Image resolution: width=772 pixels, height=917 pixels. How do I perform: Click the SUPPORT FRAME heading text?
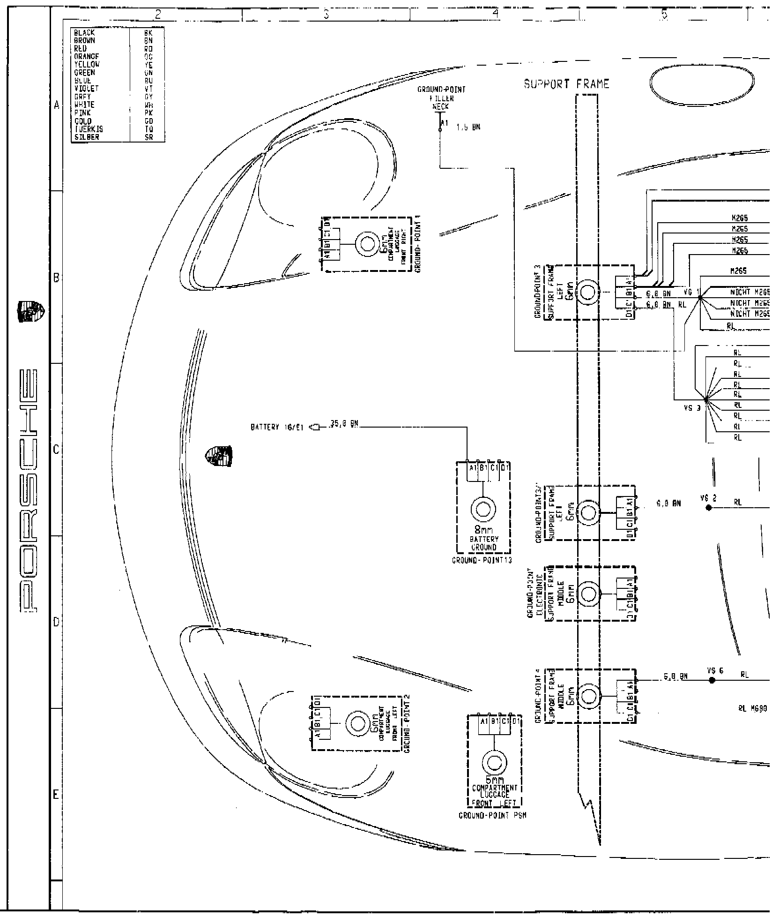[566, 84]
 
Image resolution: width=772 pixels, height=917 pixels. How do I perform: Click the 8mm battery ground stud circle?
[483, 509]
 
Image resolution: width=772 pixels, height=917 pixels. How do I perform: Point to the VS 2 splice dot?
[708, 508]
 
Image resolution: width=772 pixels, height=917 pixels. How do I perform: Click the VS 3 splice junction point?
[706, 399]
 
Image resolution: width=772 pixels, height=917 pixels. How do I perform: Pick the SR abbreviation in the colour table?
[149, 137]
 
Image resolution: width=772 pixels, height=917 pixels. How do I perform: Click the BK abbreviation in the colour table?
[149, 33]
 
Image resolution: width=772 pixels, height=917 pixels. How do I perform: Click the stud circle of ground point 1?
[368, 244]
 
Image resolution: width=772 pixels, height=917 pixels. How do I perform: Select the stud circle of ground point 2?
[357, 724]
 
